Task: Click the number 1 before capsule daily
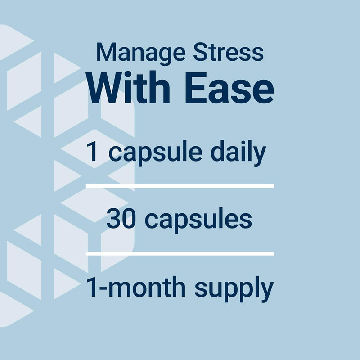pyautogui.click(x=93, y=152)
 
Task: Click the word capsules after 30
pyautogui.click(x=198, y=220)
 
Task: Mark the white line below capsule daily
pyautogui.click(x=180, y=186)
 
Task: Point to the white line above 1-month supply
pyautogui.click(x=180, y=254)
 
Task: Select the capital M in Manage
pyautogui.click(x=106, y=53)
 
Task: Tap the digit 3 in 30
pyautogui.click(x=114, y=220)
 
